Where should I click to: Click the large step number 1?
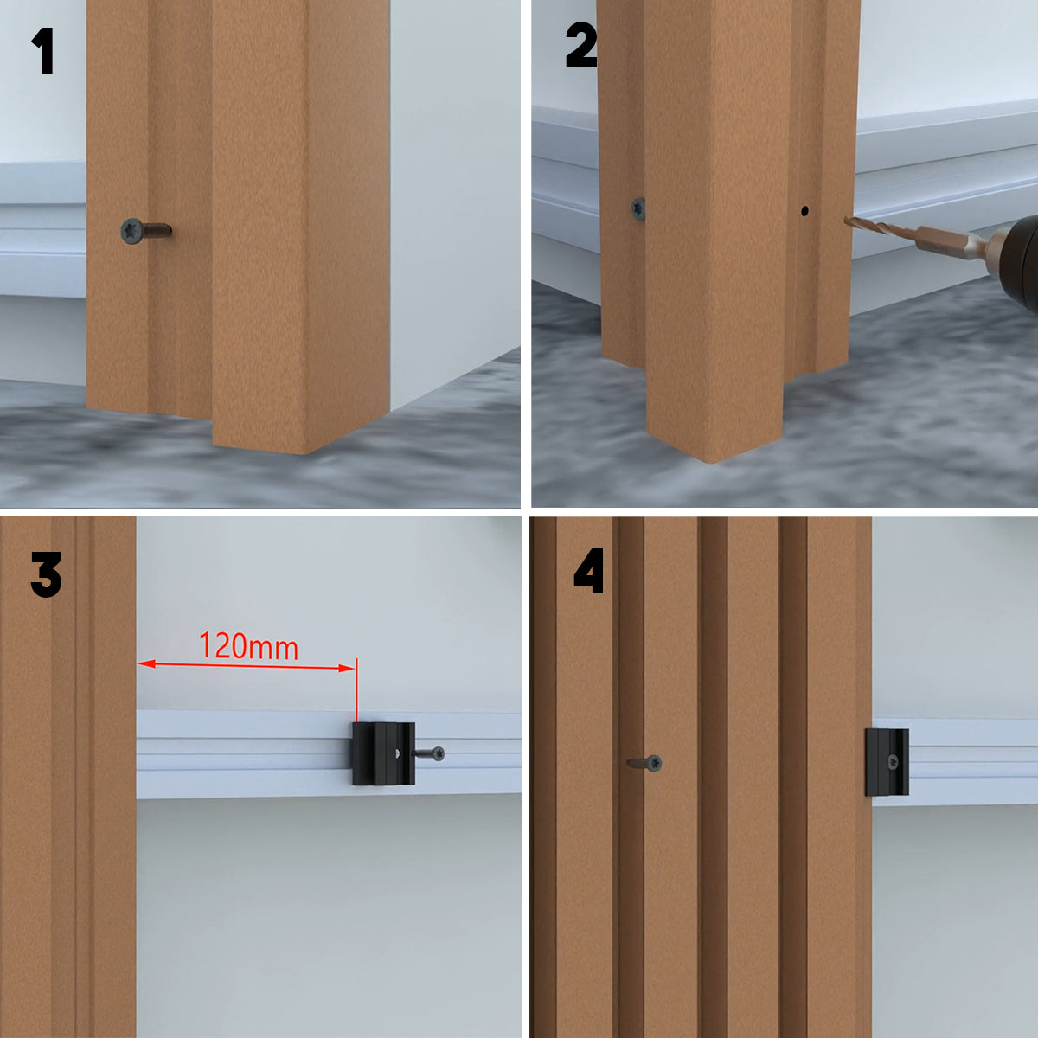[x=43, y=50]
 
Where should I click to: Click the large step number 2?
[x=581, y=45]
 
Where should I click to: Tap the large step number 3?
[x=47, y=574]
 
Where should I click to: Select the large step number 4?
[x=588, y=570]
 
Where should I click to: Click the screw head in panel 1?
[x=131, y=231]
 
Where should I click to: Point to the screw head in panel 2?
[x=638, y=208]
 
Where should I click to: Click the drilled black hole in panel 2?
[x=804, y=211]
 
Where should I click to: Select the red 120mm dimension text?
[x=248, y=646]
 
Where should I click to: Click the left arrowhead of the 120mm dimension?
[x=146, y=663]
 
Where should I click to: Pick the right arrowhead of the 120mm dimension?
[x=346, y=668]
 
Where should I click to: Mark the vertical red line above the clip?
[x=356, y=689]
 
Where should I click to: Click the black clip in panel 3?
[x=383, y=753]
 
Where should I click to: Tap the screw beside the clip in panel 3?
[x=429, y=753]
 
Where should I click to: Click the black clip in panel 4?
[x=887, y=762]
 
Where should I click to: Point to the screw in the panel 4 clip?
[x=893, y=762]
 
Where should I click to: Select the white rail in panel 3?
[x=329, y=754]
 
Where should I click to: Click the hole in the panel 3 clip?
[x=398, y=753]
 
